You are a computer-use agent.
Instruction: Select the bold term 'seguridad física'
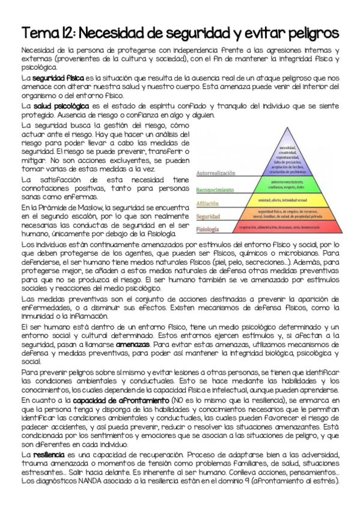[58, 78]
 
